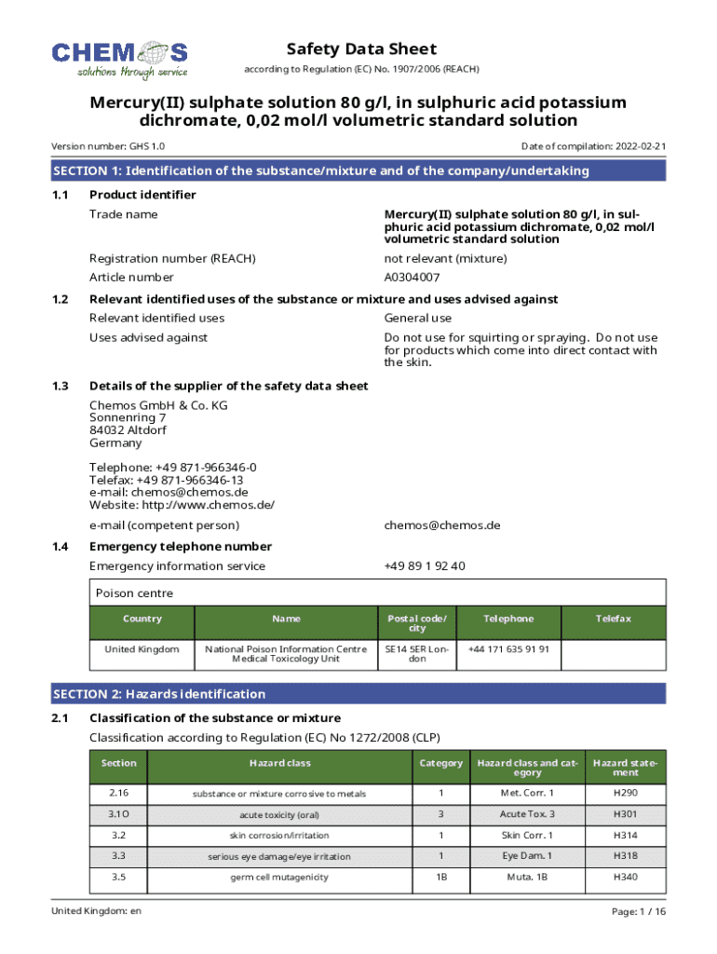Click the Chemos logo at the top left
(120, 59)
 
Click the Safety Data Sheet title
(361, 49)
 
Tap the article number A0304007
(413, 278)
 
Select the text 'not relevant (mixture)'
(445, 258)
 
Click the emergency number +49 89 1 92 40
(425, 566)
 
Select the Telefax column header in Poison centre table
(614, 619)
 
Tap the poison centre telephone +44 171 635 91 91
(508, 648)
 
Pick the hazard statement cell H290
(625, 793)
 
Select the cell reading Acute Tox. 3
(527, 814)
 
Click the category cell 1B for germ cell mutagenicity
(441, 878)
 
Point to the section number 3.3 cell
(118, 856)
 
